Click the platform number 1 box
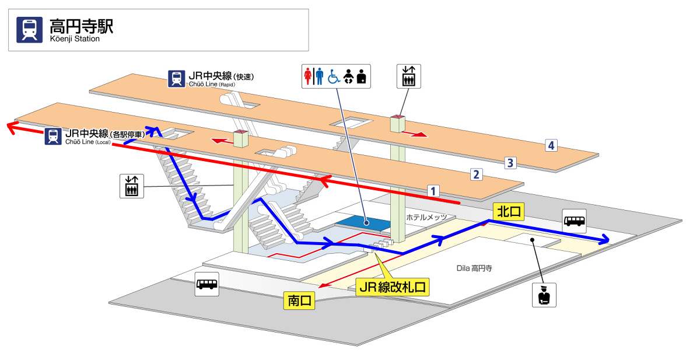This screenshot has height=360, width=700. (x=432, y=190)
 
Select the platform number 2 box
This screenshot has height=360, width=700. (x=477, y=174)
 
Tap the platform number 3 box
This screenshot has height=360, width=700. (x=510, y=162)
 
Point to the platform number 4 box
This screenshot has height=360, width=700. (x=550, y=146)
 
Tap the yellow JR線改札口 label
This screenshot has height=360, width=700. (x=392, y=287)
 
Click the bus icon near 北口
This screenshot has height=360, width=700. (x=575, y=221)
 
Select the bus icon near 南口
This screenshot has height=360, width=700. (x=207, y=284)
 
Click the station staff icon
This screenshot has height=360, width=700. (x=544, y=295)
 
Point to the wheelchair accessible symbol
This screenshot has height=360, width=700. (x=334, y=76)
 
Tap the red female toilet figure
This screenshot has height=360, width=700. (x=308, y=76)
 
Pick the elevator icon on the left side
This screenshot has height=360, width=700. (x=131, y=186)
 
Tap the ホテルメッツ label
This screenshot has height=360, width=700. (x=426, y=217)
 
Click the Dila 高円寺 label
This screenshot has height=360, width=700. (x=474, y=268)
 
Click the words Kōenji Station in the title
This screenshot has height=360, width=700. (x=75, y=39)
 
